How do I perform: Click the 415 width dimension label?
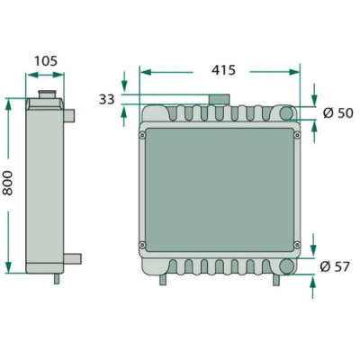[223, 70]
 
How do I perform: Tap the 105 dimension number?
[46, 61]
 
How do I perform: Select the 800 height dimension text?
[7, 183]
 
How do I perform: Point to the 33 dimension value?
[107, 99]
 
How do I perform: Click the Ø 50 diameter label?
[338, 113]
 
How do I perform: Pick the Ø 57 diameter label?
[335, 266]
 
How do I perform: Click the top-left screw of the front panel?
[142, 136]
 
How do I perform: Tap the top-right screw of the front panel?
[297, 136]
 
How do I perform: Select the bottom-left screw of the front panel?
[142, 245]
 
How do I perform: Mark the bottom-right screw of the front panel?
[297, 245]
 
